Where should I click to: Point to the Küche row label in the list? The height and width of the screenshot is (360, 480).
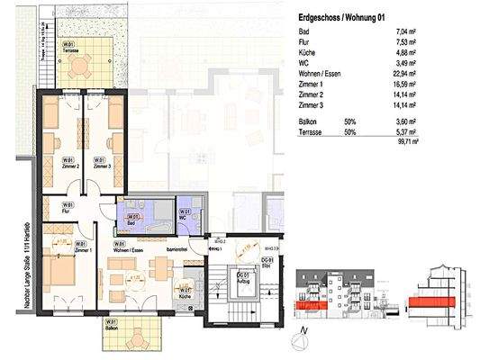pos(308,52)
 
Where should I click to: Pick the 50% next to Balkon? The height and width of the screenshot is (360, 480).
pos(349,119)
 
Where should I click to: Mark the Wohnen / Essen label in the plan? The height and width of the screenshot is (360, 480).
pos(127,247)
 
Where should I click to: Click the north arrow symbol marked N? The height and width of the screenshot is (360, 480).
pos(304,337)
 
